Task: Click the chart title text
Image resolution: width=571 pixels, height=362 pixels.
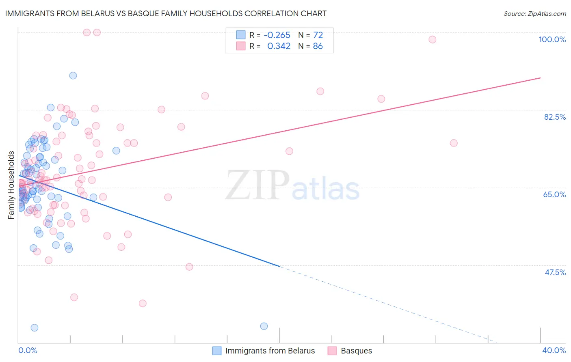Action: coord(166,13)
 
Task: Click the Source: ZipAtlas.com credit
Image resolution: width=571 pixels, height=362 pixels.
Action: coord(534,13)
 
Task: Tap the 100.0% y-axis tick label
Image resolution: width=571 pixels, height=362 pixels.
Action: coord(552,39)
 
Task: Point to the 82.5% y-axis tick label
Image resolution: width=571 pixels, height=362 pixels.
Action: coord(554,117)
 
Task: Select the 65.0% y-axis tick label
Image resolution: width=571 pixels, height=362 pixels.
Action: coord(554,194)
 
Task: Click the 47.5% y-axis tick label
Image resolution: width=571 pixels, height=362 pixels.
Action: coord(555,272)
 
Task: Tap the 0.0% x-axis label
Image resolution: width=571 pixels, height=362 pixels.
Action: coord(28,350)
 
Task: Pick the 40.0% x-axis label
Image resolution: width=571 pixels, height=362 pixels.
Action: coord(554,350)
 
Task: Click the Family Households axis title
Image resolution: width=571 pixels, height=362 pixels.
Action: coord(11,185)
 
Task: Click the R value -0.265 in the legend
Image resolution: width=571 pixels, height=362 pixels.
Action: coord(277,35)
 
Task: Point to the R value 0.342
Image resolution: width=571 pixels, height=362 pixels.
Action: coord(279,46)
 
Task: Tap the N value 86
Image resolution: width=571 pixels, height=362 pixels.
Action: coord(318,46)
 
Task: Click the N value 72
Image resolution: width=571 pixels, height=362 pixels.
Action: coord(318,35)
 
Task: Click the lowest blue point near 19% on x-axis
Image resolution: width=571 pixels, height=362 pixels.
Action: coord(264,326)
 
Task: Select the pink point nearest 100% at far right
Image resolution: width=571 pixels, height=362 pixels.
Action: coord(433,39)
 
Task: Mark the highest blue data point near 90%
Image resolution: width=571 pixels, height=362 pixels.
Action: coord(73,75)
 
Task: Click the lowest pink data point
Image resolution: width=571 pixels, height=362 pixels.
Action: coord(143,303)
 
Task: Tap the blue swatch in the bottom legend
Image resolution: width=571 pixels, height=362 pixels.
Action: coord(217,351)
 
